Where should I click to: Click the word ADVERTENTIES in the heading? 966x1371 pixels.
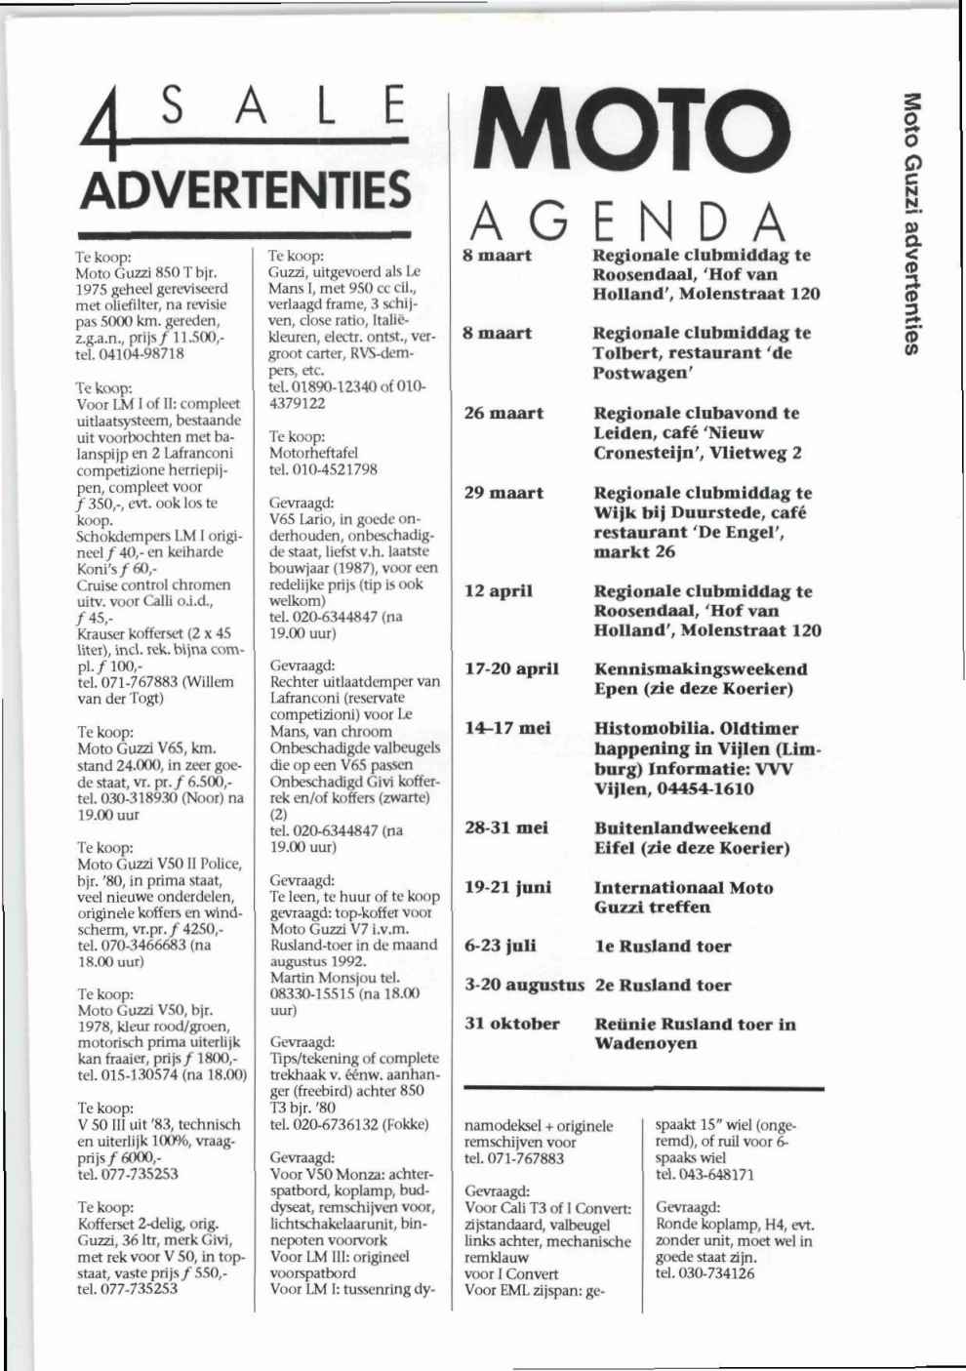[x=245, y=189]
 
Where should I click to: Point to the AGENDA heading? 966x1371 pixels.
[x=627, y=222]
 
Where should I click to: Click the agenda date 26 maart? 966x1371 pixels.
[x=503, y=413]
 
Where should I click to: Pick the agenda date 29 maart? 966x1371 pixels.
[x=503, y=493]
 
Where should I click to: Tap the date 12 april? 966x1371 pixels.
[x=499, y=591]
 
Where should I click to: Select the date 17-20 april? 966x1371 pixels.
[x=511, y=669]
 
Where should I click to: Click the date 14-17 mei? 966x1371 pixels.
[x=507, y=728]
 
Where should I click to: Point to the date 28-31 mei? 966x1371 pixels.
[x=505, y=827]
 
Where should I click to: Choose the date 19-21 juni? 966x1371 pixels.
[x=507, y=887]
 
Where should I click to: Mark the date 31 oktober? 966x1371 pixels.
[x=511, y=1024]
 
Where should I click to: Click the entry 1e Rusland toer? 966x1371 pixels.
[x=663, y=946]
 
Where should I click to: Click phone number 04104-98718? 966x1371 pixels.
[x=141, y=353]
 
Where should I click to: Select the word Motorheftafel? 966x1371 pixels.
[x=313, y=453]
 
